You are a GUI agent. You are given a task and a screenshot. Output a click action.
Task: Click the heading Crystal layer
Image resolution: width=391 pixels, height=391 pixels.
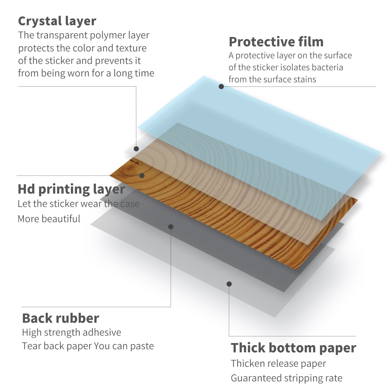[x=57, y=21]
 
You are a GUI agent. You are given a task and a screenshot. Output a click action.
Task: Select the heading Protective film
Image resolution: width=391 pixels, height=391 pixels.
[x=276, y=42]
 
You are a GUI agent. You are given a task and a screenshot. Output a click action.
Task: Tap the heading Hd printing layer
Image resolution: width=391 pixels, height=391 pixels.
[x=71, y=190]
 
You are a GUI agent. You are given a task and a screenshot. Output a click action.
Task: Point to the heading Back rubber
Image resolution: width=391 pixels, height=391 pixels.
[x=60, y=318]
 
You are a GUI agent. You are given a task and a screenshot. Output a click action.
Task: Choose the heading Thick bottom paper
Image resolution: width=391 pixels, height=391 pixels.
[x=294, y=348]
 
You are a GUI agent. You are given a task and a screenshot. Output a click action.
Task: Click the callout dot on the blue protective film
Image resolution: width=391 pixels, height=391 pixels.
[x=221, y=87]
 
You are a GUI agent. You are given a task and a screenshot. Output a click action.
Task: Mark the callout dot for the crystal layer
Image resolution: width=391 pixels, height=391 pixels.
[x=136, y=149]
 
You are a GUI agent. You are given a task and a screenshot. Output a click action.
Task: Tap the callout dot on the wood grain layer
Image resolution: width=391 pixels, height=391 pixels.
[x=142, y=176]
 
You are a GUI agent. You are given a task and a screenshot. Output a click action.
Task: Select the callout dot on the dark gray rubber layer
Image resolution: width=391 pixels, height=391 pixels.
[x=171, y=227]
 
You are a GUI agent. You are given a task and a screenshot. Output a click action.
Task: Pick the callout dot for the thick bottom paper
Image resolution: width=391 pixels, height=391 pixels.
[x=229, y=284]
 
